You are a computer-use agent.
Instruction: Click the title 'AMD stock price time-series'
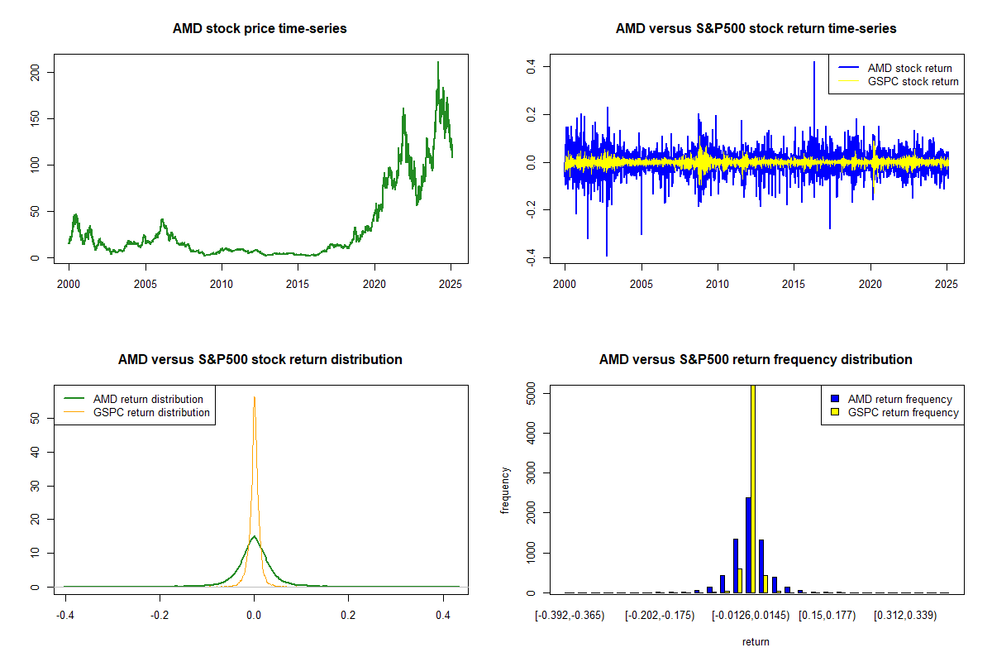tap(260, 29)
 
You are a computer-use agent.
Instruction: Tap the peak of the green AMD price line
tap(438, 62)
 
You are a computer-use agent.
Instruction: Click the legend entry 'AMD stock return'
tap(909, 68)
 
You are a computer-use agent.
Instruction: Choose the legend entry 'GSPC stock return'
tap(913, 81)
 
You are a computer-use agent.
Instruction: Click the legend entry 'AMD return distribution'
tap(148, 399)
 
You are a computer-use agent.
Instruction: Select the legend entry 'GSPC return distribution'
tap(151, 412)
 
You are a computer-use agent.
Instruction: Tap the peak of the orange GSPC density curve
tap(254, 398)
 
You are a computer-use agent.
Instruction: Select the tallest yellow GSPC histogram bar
tap(753, 488)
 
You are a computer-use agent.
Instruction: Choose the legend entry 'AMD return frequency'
tap(899, 399)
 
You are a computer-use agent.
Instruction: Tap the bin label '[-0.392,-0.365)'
tap(570, 616)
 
